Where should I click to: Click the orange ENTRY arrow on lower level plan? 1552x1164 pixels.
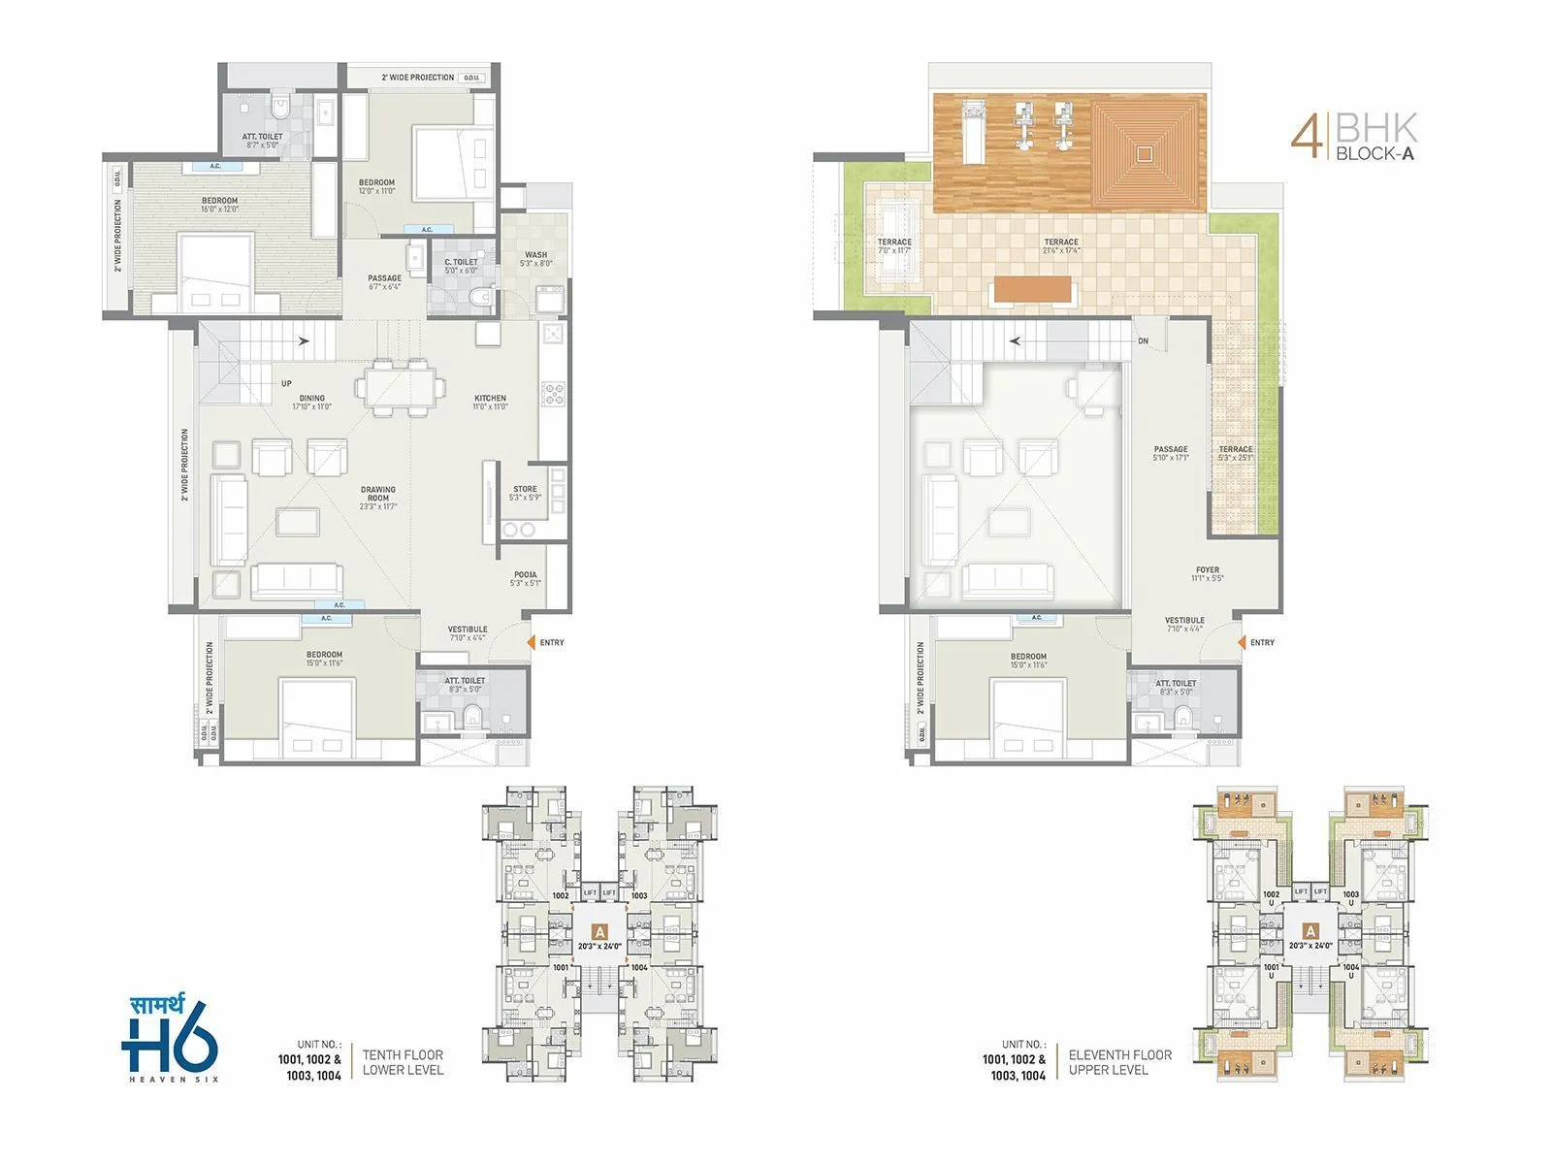pos(531,642)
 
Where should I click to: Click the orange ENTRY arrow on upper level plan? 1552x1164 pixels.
pos(1242,642)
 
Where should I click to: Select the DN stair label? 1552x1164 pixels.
pos(1144,341)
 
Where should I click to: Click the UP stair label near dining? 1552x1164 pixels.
pos(286,383)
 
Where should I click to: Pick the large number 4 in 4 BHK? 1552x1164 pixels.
pos(1307,137)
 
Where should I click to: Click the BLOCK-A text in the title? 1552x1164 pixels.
pos(1374,153)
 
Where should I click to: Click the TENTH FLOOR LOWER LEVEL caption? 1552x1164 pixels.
pos(403,1062)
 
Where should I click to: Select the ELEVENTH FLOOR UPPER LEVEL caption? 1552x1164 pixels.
pos(1119,1062)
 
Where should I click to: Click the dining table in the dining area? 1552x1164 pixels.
pos(401,388)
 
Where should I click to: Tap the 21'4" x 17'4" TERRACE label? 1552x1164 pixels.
pos(1061,246)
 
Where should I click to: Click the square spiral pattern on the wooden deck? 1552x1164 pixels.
pos(1145,153)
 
